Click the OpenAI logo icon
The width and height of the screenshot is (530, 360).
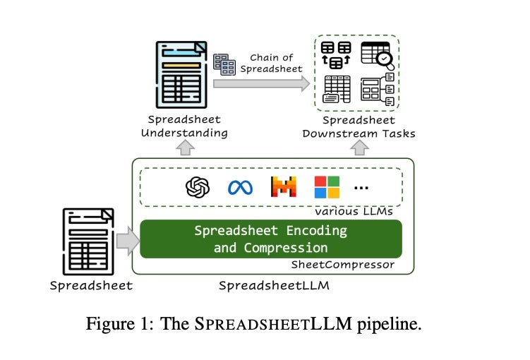[198, 187]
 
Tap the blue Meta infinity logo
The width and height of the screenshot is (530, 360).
[240, 187]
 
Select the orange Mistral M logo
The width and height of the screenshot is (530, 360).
[283, 187]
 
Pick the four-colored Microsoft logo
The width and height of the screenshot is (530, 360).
[327, 187]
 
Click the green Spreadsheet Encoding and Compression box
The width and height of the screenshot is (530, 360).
[271, 239]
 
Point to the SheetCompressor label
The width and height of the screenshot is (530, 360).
[343, 265]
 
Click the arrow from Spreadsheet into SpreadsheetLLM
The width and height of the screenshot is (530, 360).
[128, 241]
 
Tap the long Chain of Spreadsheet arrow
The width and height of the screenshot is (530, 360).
[261, 84]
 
